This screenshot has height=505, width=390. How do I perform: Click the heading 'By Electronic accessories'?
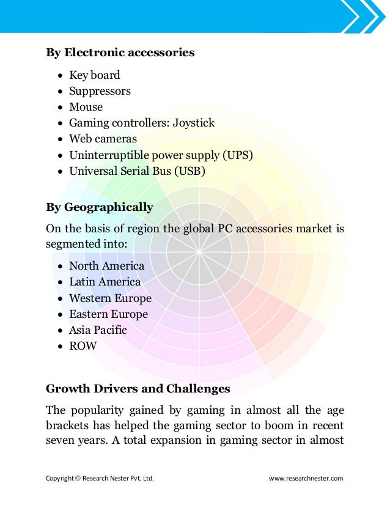pos(120,53)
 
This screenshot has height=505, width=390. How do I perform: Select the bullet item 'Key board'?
pos(94,75)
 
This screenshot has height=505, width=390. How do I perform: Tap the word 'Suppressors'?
pos(100,91)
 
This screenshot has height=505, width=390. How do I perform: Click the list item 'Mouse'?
pos(86,107)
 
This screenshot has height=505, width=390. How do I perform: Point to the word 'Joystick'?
pos(193,123)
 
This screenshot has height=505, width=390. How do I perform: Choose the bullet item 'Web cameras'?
pos(103,139)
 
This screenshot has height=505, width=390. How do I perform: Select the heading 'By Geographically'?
pos(100,207)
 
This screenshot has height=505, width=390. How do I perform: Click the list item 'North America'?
pos(106,266)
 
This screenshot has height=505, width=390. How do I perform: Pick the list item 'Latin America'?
pos(105,282)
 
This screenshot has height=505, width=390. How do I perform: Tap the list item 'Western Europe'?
pos(110,298)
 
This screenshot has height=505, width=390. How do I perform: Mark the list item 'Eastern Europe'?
pos(108,314)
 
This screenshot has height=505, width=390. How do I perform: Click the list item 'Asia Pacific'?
pos(98,330)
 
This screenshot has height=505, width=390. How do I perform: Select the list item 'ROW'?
pos(83,346)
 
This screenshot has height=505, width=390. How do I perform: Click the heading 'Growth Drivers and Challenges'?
pos(138,388)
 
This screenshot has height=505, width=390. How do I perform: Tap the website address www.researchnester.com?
pos(306,478)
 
